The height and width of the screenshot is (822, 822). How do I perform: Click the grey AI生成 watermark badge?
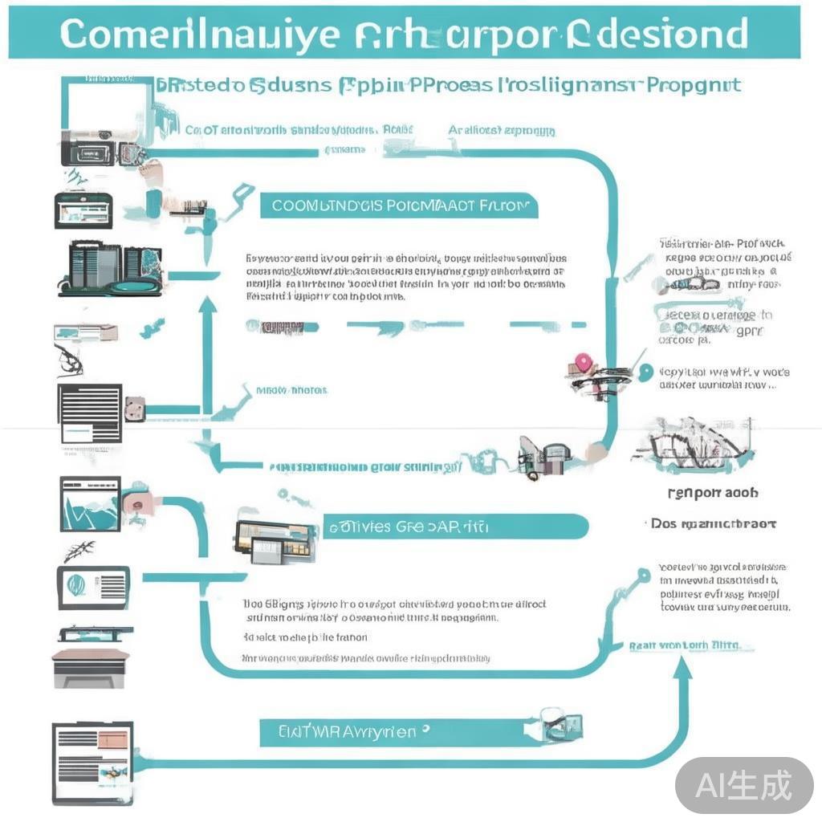(744, 785)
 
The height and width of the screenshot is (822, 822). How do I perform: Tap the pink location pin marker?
(583, 364)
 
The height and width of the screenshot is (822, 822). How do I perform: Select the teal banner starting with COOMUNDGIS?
(399, 205)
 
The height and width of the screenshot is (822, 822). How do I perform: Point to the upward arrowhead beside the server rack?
(207, 304)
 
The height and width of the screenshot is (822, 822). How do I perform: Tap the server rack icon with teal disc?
(110, 269)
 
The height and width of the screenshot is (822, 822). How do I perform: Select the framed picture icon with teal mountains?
(90, 503)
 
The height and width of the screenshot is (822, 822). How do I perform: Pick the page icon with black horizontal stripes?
(90, 413)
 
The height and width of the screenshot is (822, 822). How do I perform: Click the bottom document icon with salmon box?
(92, 762)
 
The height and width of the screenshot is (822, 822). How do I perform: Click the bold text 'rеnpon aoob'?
(712, 493)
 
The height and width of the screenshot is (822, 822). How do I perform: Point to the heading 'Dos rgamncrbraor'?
(712, 523)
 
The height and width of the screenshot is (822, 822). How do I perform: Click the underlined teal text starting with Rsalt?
(684, 645)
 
